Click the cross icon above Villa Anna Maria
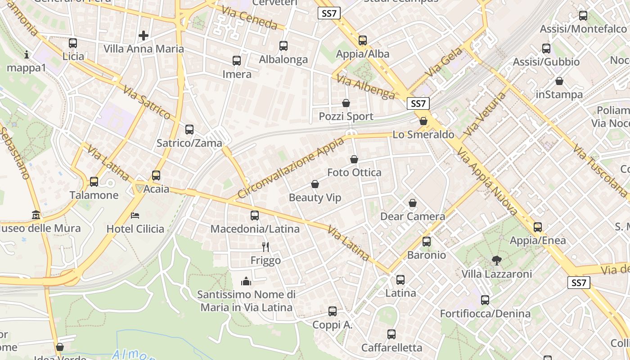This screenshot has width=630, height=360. click(x=144, y=35)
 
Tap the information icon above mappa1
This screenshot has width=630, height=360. click(x=27, y=55)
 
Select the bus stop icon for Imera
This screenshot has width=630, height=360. click(x=237, y=61)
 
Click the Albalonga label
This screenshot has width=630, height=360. click(x=283, y=59)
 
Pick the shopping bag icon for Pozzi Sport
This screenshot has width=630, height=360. click(x=346, y=103)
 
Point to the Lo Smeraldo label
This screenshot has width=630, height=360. click(x=423, y=135)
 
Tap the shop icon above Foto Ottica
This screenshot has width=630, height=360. click(x=354, y=159)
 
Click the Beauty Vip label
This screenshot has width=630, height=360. click(x=315, y=198)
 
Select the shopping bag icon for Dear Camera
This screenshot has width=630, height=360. click(x=413, y=203)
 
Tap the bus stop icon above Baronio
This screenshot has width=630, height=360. click(x=427, y=242)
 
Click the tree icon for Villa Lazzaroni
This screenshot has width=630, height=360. click(x=497, y=260)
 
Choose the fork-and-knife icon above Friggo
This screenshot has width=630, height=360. click(x=265, y=247)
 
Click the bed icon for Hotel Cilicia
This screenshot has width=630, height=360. click(x=135, y=216)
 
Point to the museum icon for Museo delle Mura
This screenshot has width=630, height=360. click(x=36, y=215)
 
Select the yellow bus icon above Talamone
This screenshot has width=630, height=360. click(x=94, y=182)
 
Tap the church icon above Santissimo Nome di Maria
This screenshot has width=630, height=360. click(x=246, y=281)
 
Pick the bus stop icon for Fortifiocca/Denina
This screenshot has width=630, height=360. click(x=485, y=300)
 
